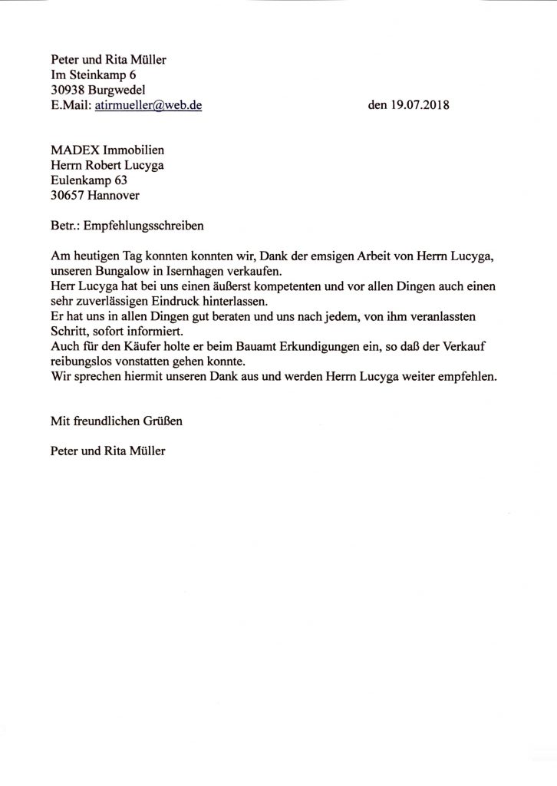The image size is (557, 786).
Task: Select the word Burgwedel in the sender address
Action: pyautogui.click(x=114, y=90)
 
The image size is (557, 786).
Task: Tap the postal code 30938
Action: pyautogui.click(x=67, y=90)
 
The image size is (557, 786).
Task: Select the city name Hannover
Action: pyautogui.click(x=114, y=196)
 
